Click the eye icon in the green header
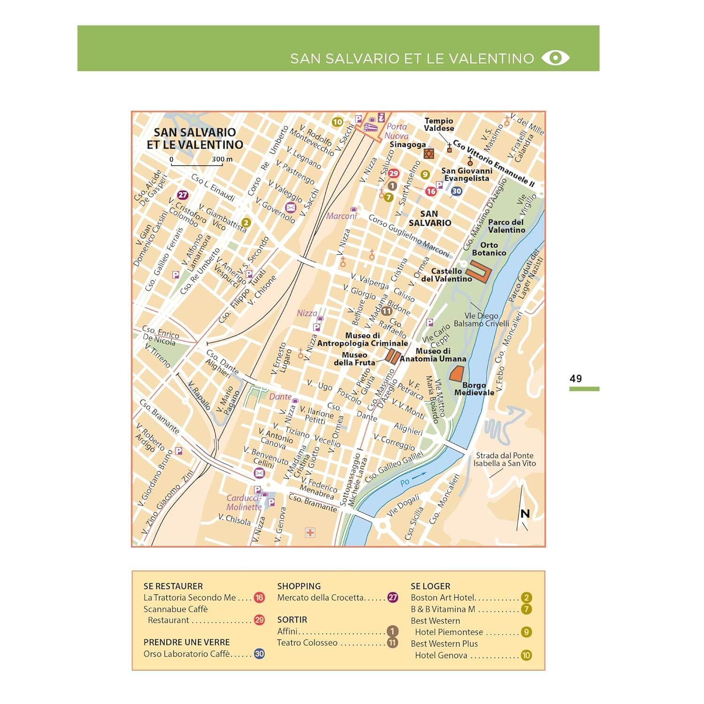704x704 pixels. tap(555, 58)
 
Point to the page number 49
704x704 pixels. tap(575, 378)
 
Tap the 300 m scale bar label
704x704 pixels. tap(222, 159)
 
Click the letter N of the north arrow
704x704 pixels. tap(525, 513)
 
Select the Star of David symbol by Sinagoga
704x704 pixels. tap(429, 153)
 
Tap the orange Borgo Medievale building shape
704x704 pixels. tap(456, 374)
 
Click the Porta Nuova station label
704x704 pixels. tap(397, 131)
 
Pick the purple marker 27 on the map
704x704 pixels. tap(183, 195)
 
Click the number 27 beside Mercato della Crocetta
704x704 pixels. tap(393, 597)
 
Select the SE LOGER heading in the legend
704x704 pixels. tap(430, 586)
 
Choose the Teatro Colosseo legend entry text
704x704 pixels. tap(307, 643)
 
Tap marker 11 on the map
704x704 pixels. tap(387, 311)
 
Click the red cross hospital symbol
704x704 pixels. tap(310, 532)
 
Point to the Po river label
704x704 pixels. tap(405, 482)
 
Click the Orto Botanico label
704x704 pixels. tap(489, 249)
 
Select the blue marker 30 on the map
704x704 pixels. tap(456, 191)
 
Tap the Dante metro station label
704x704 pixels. tap(280, 397)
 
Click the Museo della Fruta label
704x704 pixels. tap(354, 359)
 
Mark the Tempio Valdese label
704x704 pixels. tap(439, 124)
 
